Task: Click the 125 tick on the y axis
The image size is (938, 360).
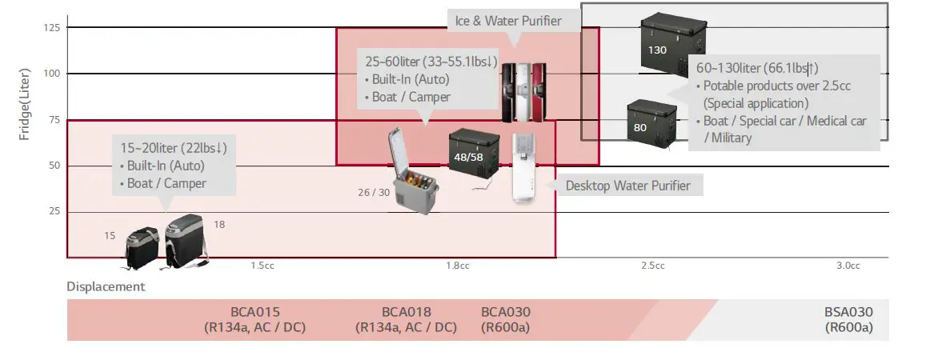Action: pyautogui.click(x=51, y=28)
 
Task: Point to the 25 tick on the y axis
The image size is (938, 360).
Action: pyautogui.click(x=54, y=211)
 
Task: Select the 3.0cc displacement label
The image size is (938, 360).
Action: pyautogui.click(x=848, y=266)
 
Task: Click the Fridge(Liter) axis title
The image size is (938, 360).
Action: pyautogui.click(x=25, y=105)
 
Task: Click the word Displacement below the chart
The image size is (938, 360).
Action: pyautogui.click(x=106, y=286)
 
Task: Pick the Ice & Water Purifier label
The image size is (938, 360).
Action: pyautogui.click(x=508, y=21)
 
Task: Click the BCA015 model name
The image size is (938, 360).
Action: pyautogui.click(x=255, y=312)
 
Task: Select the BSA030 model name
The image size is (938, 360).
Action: pyautogui.click(x=848, y=312)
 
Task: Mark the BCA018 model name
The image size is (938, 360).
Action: pyautogui.click(x=406, y=312)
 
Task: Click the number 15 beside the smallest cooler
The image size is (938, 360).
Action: pyautogui.click(x=110, y=236)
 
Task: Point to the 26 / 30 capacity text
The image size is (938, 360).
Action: pyautogui.click(x=374, y=192)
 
